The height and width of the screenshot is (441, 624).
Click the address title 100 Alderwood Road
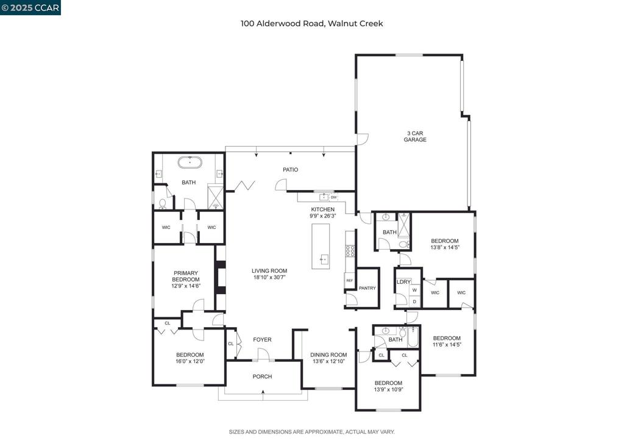[x=311, y=24]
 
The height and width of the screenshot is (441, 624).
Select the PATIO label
[x=290, y=169]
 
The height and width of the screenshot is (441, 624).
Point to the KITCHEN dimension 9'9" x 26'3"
[x=322, y=216]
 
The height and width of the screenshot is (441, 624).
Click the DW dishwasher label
[x=333, y=197]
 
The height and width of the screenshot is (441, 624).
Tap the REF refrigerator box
[x=349, y=280]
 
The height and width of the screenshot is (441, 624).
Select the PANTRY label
[x=367, y=288]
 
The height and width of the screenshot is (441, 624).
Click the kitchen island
[x=321, y=246]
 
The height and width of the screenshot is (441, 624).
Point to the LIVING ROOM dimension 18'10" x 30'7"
[x=269, y=277]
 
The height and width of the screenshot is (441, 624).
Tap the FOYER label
[x=263, y=340]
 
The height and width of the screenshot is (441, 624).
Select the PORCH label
[x=263, y=376]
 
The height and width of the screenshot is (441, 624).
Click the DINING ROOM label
[x=328, y=355]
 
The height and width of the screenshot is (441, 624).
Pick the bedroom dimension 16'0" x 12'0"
[x=190, y=361]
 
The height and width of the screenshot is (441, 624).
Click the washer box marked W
[x=414, y=291]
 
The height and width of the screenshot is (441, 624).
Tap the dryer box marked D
[x=414, y=302]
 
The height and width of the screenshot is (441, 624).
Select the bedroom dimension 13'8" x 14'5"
[x=444, y=248]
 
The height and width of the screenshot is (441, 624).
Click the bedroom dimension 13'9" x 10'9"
[x=388, y=390]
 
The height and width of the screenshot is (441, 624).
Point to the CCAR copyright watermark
[x=30, y=7]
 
